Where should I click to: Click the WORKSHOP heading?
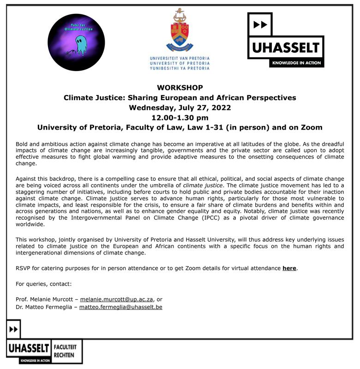coord(180,88)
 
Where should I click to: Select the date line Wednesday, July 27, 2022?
coord(180,107)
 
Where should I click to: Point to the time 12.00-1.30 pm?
coord(180,118)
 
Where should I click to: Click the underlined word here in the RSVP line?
coord(289,268)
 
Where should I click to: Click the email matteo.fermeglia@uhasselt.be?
coord(121,307)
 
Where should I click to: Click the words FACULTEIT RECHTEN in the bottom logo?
coord(66,350)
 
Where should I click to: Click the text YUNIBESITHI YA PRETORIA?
coord(180,68)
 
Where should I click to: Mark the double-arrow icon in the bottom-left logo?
coord(13,329)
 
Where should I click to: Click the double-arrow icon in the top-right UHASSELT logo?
coord(260,24)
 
